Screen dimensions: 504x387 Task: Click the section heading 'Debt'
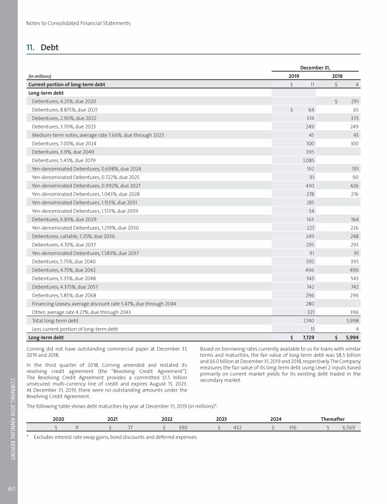click(x=49, y=47)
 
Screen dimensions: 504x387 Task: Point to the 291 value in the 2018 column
click(x=354, y=101)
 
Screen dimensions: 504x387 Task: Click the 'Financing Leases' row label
click(x=104, y=303)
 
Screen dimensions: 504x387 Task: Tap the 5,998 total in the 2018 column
click(x=351, y=321)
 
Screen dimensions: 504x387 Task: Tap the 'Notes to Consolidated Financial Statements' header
click(x=78, y=23)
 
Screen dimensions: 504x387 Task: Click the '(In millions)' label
click(x=40, y=76)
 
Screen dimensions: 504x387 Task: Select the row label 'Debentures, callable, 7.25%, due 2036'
click(x=75, y=236)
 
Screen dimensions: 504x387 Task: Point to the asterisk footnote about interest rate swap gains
click(x=115, y=437)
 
